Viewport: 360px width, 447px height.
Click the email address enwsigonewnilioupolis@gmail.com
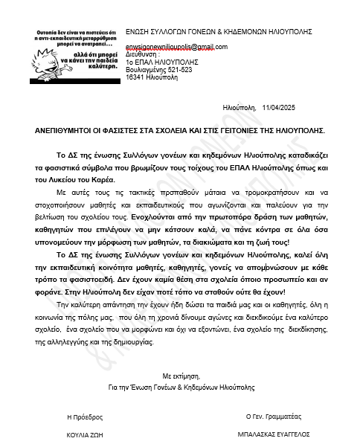click(x=176, y=46)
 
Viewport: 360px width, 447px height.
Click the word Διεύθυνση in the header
click(x=142, y=54)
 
